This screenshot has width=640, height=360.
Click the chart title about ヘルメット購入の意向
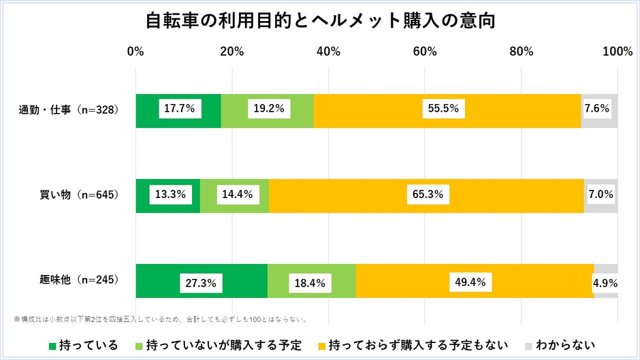(320, 21)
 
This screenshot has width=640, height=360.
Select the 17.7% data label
(178, 108)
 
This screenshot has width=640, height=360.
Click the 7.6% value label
(599, 108)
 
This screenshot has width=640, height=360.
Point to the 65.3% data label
(426, 195)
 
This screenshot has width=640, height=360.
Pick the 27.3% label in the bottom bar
(202, 281)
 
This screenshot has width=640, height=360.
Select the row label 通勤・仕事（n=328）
(69, 110)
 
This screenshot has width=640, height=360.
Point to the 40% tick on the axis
(329, 52)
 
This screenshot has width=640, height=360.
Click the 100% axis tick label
(618, 52)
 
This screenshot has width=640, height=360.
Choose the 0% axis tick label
(136, 52)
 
